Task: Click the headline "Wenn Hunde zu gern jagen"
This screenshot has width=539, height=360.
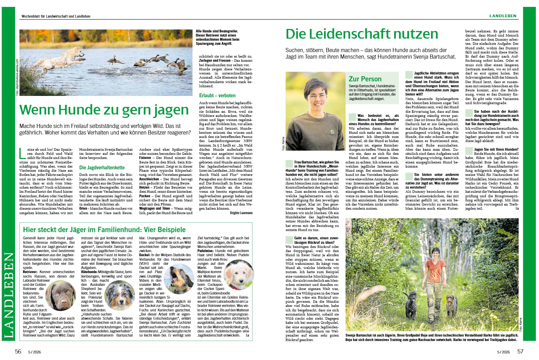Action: (104, 110)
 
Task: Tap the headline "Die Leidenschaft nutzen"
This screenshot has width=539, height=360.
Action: (362, 34)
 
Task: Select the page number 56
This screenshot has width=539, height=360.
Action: (18, 351)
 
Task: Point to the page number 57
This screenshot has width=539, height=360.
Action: (520, 351)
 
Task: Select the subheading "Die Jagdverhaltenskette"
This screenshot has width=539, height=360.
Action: (102, 168)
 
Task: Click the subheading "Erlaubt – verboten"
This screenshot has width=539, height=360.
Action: (217, 96)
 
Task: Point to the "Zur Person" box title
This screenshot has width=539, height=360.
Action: (365, 79)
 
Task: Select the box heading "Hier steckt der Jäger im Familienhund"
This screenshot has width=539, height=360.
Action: (104, 230)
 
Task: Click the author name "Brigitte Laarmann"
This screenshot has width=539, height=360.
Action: (241, 213)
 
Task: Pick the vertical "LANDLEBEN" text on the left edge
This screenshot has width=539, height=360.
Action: (9, 295)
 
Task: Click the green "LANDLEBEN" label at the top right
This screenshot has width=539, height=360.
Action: (503, 16)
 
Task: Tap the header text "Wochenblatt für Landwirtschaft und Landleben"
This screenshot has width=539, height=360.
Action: (56, 16)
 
